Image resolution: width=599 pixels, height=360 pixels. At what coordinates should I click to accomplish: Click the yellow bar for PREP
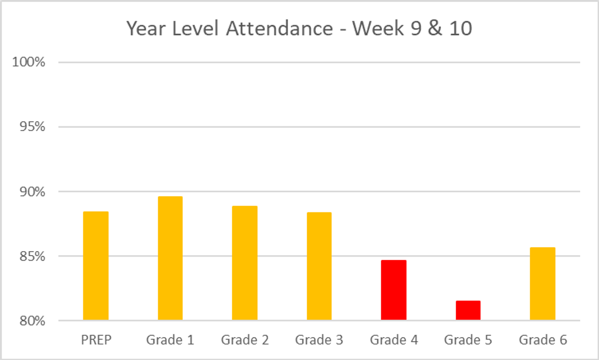95,266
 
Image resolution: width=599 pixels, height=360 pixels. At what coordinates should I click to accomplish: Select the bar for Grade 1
170,258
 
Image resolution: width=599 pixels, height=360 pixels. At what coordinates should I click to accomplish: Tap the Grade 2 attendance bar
245,263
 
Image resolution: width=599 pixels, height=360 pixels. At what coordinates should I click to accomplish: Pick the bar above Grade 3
319,266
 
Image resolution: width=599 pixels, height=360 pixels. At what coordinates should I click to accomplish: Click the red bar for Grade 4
394,290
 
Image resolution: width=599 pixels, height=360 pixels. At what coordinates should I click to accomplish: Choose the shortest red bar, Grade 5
468,310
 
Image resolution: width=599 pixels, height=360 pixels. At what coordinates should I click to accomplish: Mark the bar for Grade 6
543,284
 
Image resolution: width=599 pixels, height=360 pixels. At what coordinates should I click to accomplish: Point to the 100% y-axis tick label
29,62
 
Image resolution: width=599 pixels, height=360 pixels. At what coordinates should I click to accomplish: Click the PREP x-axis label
95,341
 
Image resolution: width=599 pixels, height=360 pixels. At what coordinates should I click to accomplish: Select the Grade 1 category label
170,341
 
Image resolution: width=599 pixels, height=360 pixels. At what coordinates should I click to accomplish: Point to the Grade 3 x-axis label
319,341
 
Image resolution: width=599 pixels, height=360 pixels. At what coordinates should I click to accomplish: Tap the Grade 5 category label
468,341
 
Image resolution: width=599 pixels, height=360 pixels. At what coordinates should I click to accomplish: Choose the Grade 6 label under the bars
543,341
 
